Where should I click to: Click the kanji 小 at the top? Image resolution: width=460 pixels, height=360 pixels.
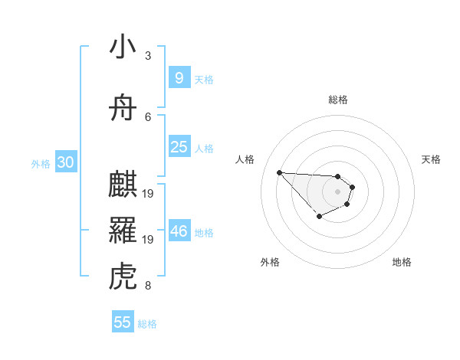pyautogui.click(x=123, y=47)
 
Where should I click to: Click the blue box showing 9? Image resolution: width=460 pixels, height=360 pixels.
pyautogui.click(x=179, y=78)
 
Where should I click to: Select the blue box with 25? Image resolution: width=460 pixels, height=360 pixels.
pyautogui.click(x=179, y=147)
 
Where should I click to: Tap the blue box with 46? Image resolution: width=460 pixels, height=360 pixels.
pyautogui.click(x=179, y=231)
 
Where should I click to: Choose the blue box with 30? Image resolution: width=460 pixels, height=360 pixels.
pyautogui.click(x=65, y=162)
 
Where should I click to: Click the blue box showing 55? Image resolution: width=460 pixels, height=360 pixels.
pyautogui.click(x=123, y=322)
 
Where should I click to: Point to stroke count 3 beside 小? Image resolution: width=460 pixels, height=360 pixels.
pyautogui.click(x=148, y=56)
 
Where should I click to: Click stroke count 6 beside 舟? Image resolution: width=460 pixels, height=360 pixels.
pyautogui.click(x=148, y=116)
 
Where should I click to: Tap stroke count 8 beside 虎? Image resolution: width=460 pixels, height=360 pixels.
pyautogui.click(x=148, y=286)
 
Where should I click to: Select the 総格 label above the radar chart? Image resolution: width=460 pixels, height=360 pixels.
pyautogui.click(x=338, y=100)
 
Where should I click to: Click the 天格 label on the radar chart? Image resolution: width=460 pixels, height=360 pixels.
pyautogui.click(x=432, y=159)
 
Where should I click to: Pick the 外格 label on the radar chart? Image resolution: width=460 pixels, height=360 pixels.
pyautogui.click(x=270, y=263)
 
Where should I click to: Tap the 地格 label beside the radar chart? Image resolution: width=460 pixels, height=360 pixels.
pyautogui.click(x=402, y=263)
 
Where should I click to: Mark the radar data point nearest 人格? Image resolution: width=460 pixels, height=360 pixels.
pyautogui.click(x=279, y=172)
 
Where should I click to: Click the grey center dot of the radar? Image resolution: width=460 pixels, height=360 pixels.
pyautogui.click(x=337, y=191)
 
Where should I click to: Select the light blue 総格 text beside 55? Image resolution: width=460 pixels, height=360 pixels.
pyautogui.click(x=147, y=324)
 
